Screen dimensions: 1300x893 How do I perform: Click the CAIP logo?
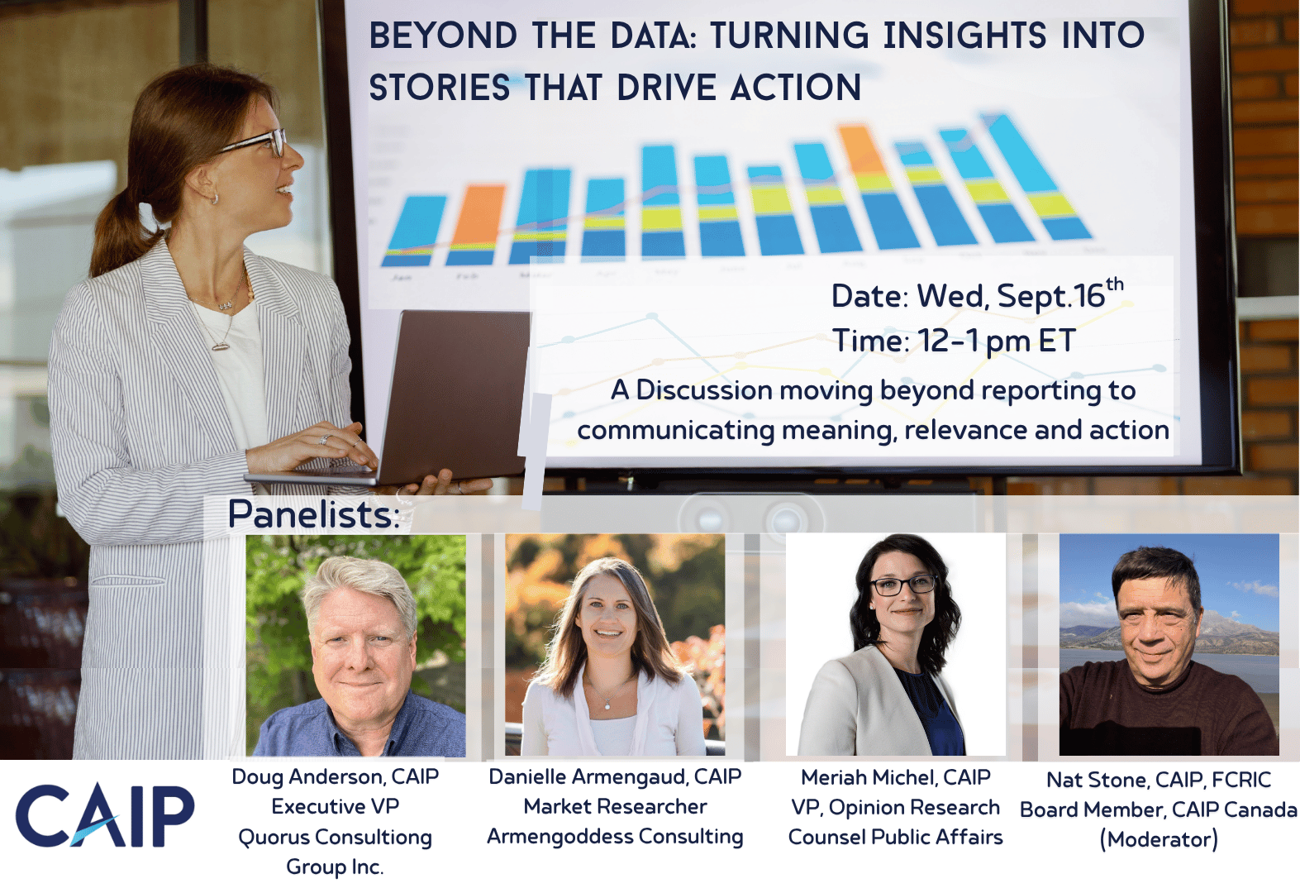[x=105, y=816]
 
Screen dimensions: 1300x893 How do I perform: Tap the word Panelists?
[x=314, y=514]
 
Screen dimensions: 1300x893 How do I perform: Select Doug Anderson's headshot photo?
[x=355, y=645]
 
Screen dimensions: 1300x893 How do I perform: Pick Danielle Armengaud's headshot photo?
[x=615, y=645]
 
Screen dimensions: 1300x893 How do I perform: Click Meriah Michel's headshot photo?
[x=896, y=645]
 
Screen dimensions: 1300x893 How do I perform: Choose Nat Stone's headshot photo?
[x=1169, y=645]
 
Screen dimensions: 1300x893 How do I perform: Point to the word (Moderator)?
[x=1159, y=840]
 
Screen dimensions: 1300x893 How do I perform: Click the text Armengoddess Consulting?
[x=615, y=837]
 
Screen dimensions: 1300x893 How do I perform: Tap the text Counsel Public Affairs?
[x=896, y=837]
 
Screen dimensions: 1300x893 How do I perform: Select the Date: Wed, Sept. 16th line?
[x=978, y=294]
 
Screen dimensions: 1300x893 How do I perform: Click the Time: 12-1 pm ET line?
[x=955, y=341]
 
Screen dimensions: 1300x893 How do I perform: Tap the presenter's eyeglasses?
[x=255, y=141]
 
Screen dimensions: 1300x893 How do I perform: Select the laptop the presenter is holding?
[x=401, y=401]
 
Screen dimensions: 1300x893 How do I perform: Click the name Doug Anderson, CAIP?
[x=336, y=777]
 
